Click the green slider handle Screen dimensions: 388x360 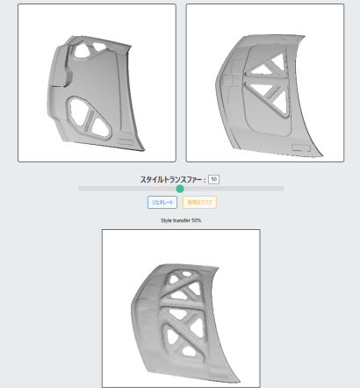click(x=180, y=189)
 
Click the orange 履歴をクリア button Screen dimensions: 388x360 click(x=199, y=202)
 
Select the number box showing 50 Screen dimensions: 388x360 click(x=213, y=179)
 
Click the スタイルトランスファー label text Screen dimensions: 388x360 click(x=171, y=179)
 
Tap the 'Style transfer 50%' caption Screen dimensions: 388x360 click(x=180, y=219)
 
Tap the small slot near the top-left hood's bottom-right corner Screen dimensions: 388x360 click(x=127, y=140)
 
